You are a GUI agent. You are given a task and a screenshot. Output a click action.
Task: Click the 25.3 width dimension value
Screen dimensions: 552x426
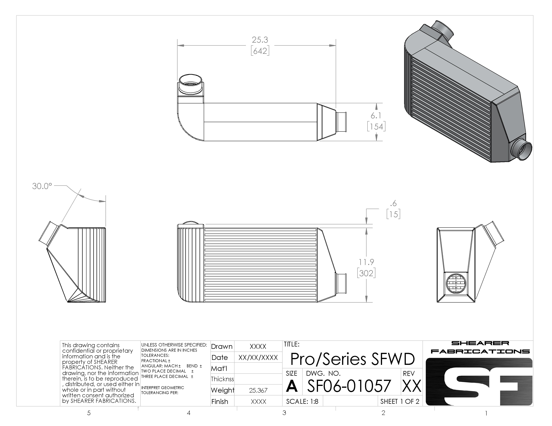click(260, 40)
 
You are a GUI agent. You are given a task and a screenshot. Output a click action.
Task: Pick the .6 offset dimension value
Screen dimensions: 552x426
click(393, 203)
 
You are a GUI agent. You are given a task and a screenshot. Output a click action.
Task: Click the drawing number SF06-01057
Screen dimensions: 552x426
click(349, 386)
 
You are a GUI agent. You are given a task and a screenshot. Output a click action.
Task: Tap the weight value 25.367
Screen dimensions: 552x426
click(258, 390)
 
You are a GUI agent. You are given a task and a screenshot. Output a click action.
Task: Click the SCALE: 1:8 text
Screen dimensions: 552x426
click(302, 401)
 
